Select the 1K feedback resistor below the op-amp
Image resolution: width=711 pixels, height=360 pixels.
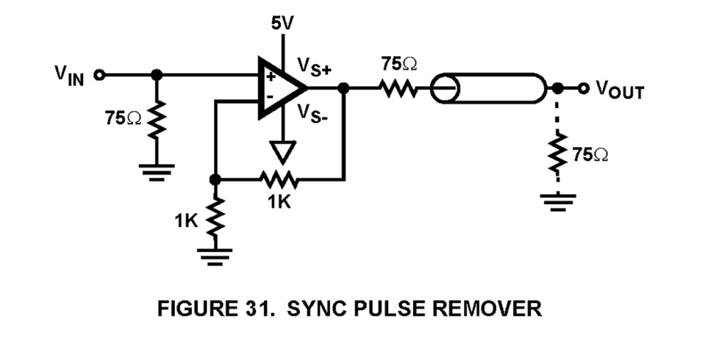(x=279, y=179)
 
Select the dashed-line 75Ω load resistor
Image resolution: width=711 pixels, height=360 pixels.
(x=558, y=155)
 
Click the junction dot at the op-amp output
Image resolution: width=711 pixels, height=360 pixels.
(x=342, y=88)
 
